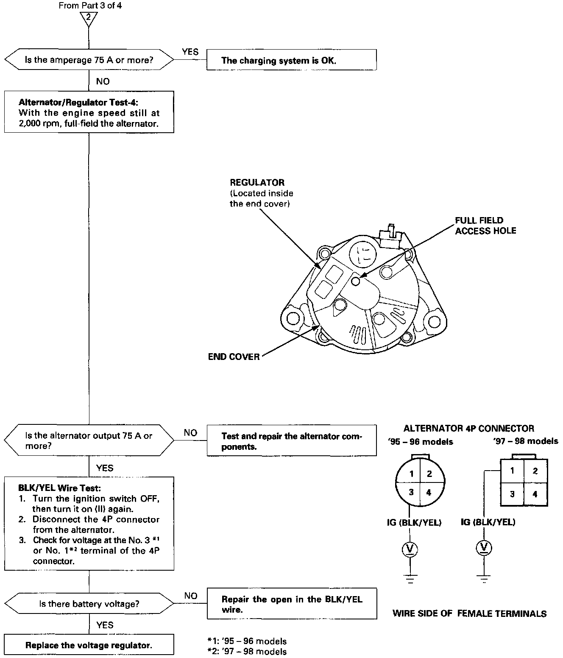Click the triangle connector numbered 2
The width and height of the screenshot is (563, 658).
pyautogui.click(x=89, y=18)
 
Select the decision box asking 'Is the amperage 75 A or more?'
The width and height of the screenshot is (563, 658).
pyautogui.click(x=89, y=60)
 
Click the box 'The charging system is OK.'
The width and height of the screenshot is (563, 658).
pyautogui.click(x=291, y=60)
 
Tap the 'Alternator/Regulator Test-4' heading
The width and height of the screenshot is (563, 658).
pyautogui.click(x=78, y=103)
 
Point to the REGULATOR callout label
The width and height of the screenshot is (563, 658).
pyautogui.click(x=257, y=183)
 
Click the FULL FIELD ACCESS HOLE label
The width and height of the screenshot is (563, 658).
pyautogui.click(x=485, y=226)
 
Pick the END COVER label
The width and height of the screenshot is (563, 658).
pyautogui.click(x=234, y=357)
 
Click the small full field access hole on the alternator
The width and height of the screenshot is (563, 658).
pyautogui.click(x=356, y=281)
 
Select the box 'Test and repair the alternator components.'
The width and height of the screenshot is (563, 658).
pyautogui.click(x=291, y=441)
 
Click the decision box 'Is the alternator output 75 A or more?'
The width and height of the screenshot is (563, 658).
pyautogui.click(x=89, y=441)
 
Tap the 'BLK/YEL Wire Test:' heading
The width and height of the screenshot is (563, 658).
pyautogui.click(x=60, y=488)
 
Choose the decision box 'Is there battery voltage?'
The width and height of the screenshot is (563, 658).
pyautogui.click(x=89, y=604)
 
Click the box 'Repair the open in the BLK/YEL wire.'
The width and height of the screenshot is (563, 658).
pyautogui.click(x=291, y=604)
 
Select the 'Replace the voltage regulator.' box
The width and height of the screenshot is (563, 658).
pyautogui.click(x=89, y=645)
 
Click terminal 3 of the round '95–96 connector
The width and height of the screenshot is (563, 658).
pyautogui.click(x=411, y=492)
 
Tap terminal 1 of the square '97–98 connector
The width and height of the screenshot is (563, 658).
pyautogui.click(x=512, y=471)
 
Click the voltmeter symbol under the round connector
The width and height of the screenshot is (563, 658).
pyautogui.click(x=410, y=549)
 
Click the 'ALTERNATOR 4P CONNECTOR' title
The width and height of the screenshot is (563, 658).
pyautogui.click(x=468, y=428)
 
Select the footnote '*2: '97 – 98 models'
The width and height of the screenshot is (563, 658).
pyautogui.click(x=247, y=652)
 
